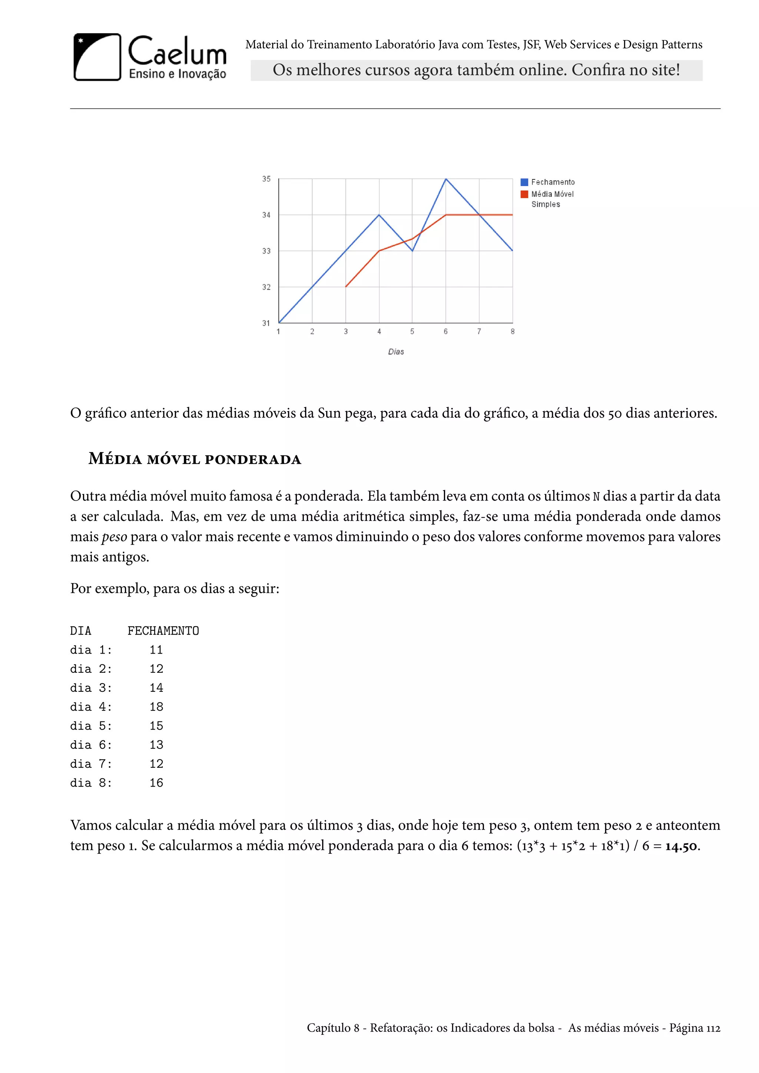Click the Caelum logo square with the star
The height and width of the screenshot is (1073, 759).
[97, 57]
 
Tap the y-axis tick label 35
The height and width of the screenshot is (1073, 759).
[266, 179]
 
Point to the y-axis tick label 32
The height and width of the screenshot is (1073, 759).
[266, 287]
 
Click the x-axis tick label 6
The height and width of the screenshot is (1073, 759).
[445, 331]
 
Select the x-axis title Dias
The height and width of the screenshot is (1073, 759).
[396, 352]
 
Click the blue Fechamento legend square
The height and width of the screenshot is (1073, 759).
[524, 182]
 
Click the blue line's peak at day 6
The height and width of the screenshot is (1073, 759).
[446, 179]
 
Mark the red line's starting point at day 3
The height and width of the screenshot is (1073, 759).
[346, 286]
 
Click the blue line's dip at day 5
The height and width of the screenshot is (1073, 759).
[412, 251]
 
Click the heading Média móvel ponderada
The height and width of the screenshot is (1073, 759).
[195, 459]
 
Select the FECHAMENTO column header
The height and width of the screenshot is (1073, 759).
[163, 631]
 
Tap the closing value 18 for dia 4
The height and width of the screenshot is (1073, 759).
[156, 707]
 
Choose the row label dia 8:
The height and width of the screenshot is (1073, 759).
[91, 783]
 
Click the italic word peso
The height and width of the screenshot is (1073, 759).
[114, 537]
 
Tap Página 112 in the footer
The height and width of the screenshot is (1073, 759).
[695, 1028]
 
